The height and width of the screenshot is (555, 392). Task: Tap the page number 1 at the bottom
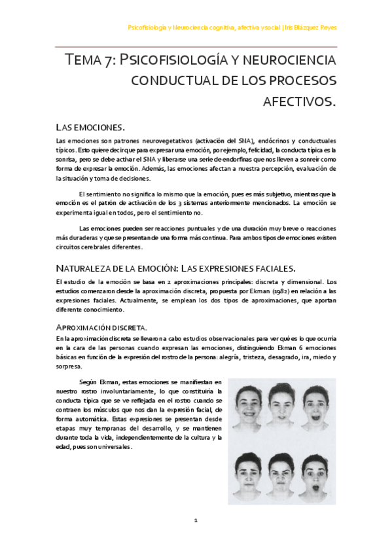[x=195, y=520]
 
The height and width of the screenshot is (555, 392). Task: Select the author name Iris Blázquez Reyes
[x=312, y=27]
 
